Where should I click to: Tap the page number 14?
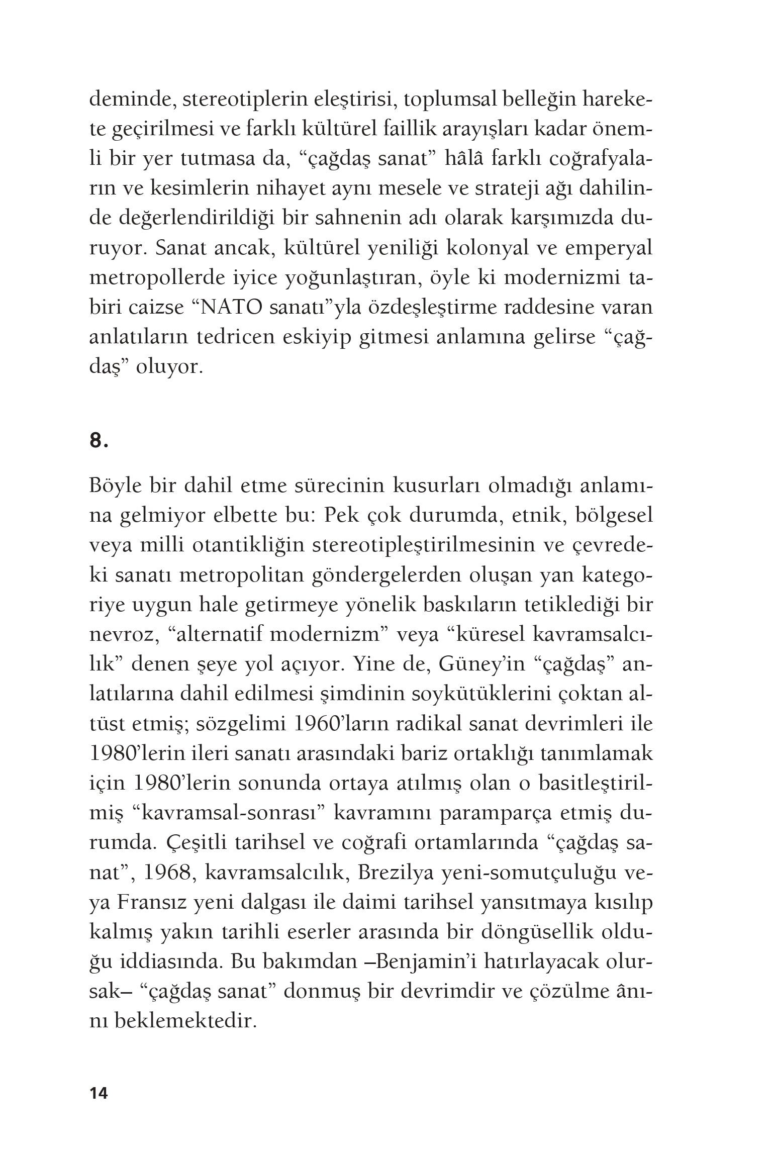point(99,1094)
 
